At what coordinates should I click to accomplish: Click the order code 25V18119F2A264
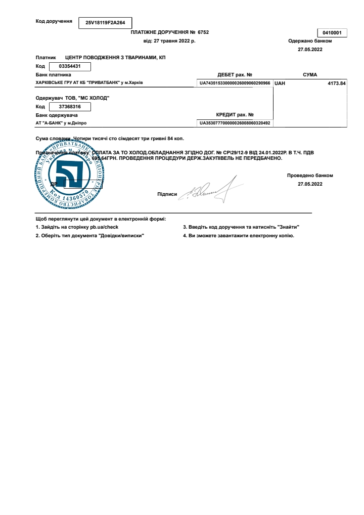105,22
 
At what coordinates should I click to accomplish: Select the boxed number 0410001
332,33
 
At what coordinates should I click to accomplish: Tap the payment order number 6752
203,32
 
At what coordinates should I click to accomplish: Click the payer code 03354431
68,66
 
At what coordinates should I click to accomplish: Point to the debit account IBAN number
235,82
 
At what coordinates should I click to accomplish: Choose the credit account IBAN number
235,123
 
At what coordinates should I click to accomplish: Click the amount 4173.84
337,82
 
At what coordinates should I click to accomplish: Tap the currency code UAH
280,82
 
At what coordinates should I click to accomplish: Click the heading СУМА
310,74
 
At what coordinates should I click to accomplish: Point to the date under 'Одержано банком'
310,49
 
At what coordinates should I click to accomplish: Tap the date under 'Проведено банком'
310,184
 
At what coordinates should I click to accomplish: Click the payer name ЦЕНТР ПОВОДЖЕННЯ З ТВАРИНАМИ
115,58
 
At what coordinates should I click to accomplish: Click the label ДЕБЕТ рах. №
235,74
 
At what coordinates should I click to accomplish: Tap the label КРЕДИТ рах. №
235,115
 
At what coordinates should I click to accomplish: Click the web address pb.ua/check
104,227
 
